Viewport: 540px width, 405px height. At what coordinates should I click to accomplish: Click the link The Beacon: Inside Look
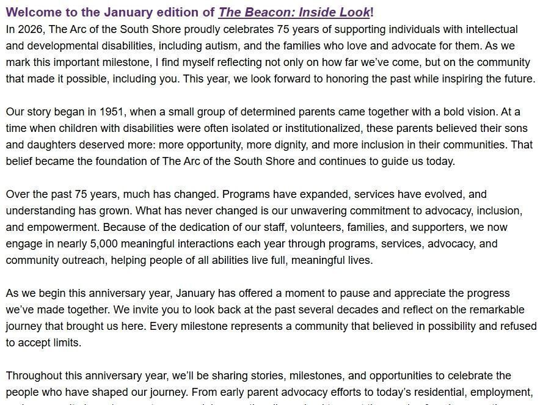pyautogui.click(x=294, y=12)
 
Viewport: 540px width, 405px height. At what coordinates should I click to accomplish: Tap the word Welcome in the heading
pyautogui.click(x=32, y=12)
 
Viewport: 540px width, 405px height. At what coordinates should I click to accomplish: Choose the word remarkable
pyautogui.click(x=494, y=310)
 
